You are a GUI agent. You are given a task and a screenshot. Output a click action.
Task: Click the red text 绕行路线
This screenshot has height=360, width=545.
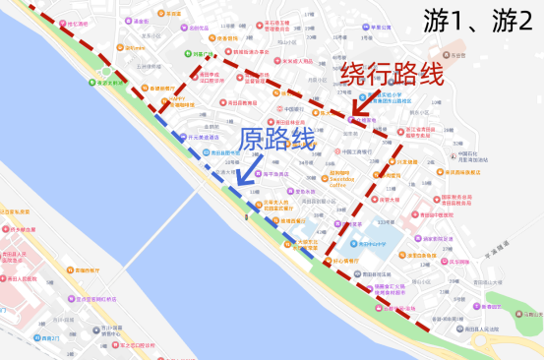pos(393,75)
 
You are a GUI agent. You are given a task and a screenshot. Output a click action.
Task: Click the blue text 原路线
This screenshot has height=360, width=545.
pos(277,139)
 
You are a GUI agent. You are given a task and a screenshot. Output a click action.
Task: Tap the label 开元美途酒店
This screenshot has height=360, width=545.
pos(201,138)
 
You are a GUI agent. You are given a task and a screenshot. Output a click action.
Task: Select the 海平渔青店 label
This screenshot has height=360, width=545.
pos(273,174)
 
